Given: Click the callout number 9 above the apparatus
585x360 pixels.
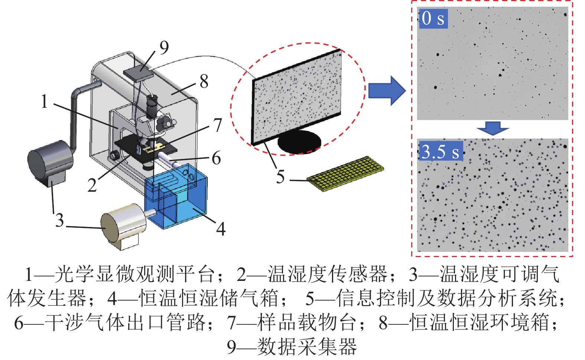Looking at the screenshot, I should [164, 48].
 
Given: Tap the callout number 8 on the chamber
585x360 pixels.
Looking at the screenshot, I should [204, 81].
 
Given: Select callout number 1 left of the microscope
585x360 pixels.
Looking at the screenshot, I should [44, 101].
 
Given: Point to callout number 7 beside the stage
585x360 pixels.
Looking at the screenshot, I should [218, 125].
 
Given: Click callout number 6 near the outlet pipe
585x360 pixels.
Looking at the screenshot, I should [216, 158].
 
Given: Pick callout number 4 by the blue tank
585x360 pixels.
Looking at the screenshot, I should [221, 228].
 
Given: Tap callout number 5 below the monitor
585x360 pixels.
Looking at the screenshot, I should [280, 176].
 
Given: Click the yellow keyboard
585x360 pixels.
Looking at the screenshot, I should [345, 173].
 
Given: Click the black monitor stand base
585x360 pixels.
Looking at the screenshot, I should [299, 142].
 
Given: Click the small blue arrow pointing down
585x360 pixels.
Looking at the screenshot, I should [493, 129].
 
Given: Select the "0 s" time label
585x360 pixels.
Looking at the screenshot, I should [433, 18].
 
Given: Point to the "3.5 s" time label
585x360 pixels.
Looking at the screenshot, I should [441, 151].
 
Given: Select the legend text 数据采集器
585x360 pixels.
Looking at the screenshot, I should [307, 346].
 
